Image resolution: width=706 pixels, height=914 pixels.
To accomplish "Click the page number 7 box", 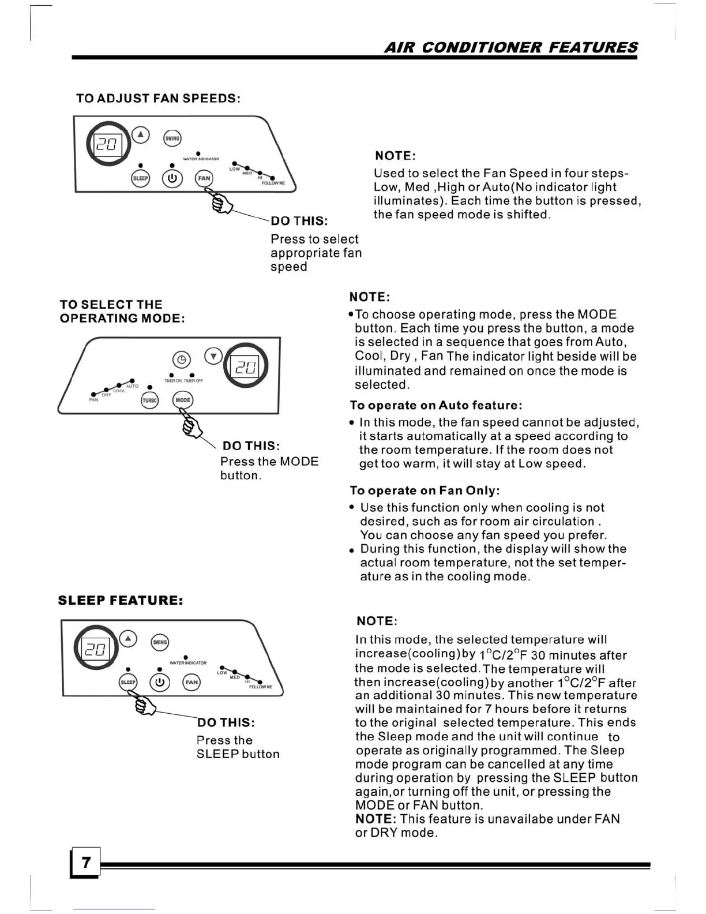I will coord(85,862).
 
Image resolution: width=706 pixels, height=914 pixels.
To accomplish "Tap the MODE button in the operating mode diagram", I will coord(183,400).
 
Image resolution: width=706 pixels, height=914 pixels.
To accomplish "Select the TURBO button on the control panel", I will coord(150,400).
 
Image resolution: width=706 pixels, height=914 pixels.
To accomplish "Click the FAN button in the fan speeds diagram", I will coord(204,178).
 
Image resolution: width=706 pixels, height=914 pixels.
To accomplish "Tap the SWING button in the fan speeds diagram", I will coord(172,138).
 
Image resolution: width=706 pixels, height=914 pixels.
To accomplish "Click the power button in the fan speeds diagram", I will coord(172,178).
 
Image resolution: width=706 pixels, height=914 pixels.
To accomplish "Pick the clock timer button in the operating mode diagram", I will coord(182,359).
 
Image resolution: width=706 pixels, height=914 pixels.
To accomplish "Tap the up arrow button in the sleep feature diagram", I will coord(127,639).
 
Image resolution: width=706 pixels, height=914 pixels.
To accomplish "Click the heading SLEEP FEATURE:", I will coord(121,601).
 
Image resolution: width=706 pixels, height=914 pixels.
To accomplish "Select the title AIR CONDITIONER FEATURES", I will coord(510,47).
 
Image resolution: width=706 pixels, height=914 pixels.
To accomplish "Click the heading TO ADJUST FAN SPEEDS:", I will coord(158,98).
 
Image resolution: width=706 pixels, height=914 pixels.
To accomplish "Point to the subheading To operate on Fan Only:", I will coord(425,490).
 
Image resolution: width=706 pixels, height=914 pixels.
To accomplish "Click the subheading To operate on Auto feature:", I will coord(436,405).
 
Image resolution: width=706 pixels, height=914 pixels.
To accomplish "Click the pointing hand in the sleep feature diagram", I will coord(145,705).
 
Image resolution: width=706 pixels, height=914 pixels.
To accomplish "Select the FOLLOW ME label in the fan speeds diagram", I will coord(273,183).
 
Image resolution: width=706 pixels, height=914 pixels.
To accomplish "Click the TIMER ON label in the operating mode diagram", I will coord(173,381).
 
